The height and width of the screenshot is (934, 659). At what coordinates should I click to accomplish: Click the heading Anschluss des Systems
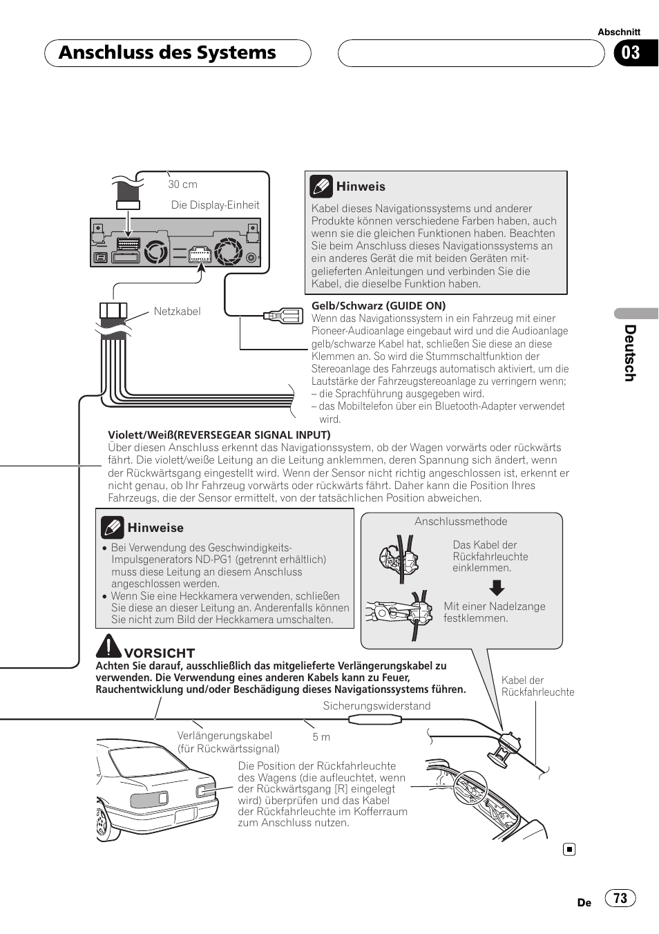[x=167, y=53]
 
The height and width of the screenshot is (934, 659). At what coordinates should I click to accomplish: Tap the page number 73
[x=620, y=898]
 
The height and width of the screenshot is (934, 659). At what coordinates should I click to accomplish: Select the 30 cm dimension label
[x=182, y=184]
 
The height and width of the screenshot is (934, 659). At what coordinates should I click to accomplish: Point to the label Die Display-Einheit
[x=215, y=205]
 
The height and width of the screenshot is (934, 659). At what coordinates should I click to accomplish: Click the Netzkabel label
[x=177, y=312]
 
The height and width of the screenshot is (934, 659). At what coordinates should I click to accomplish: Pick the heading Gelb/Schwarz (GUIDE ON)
[x=379, y=305]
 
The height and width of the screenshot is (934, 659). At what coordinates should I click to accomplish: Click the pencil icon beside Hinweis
[x=321, y=186]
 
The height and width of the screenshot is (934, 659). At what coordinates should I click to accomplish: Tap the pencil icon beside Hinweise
[x=113, y=528]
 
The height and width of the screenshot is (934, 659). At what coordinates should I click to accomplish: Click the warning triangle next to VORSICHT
[x=108, y=646]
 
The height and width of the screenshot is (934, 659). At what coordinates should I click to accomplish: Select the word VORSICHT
[x=160, y=653]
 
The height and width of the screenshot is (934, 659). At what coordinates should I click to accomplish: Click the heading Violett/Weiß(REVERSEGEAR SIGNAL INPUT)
[x=219, y=435]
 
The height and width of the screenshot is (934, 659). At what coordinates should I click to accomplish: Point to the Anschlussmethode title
[x=461, y=522]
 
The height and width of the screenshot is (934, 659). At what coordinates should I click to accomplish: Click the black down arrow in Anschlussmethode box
[x=497, y=588]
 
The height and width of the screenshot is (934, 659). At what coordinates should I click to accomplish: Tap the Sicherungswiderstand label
[x=376, y=706]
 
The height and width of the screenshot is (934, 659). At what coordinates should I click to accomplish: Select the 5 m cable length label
[x=321, y=737]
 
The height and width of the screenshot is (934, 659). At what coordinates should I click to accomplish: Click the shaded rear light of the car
[x=149, y=800]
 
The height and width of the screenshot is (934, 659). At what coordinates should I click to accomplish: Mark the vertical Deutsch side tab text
[x=629, y=353]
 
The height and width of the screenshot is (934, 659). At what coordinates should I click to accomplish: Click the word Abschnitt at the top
[x=619, y=32]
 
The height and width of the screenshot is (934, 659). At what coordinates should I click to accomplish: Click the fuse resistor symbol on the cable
[x=375, y=720]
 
